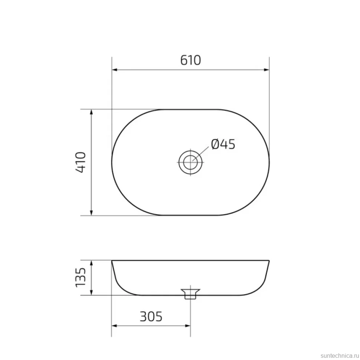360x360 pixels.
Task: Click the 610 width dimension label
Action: (190, 60)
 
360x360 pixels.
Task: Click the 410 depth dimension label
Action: (81, 162)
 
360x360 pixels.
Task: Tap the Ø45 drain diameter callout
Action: (223, 144)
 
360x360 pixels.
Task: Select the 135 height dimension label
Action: (81, 277)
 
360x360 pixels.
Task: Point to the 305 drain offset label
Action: (151, 317)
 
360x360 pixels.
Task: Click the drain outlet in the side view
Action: (190, 294)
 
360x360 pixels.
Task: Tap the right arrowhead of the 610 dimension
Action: (266, 70)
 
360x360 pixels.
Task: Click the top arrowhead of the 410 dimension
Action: (91, 112)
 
